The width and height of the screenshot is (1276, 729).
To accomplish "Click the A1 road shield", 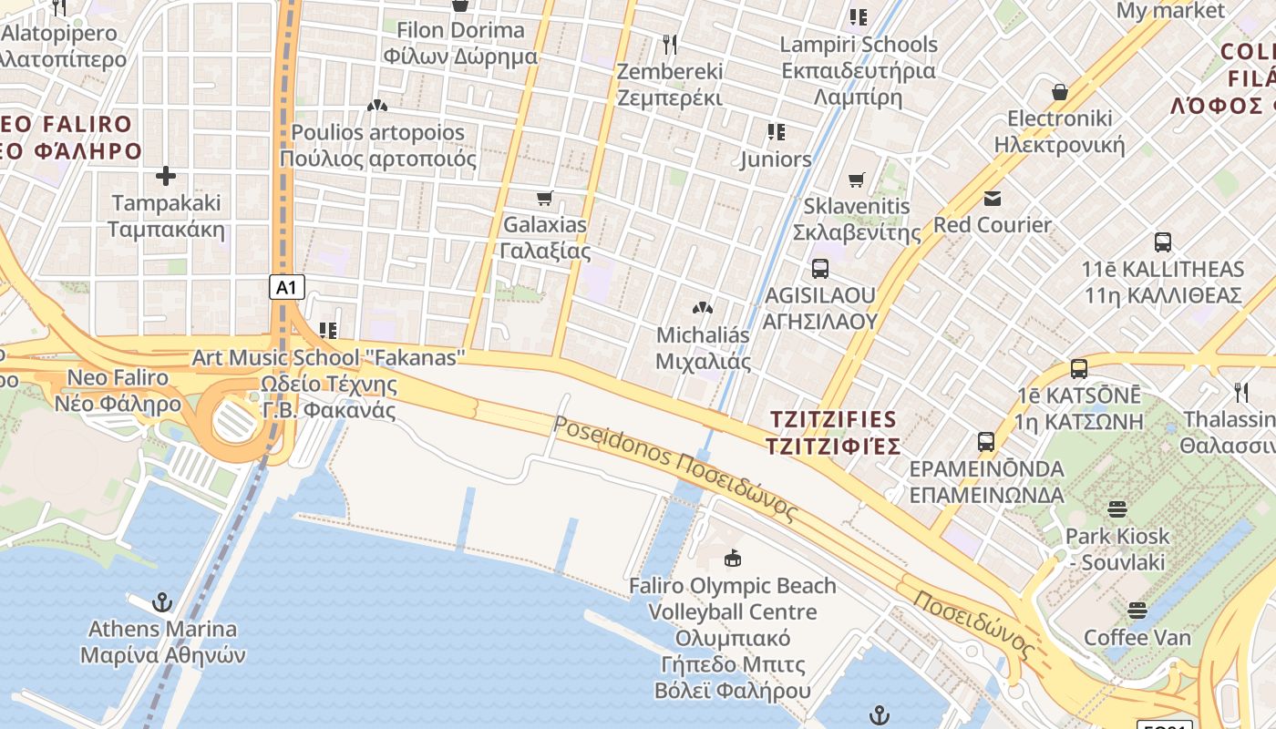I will (x=286, y=287).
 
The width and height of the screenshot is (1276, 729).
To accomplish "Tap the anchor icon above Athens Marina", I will (x=161, y=602).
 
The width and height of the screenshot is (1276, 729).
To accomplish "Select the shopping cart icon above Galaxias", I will (x=545, y=198).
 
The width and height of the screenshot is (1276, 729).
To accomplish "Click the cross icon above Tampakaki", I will (x=166, y=176).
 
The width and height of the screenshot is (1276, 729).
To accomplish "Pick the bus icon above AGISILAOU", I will (x=819, y=269).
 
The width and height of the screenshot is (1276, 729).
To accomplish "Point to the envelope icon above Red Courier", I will (x=993, y=198).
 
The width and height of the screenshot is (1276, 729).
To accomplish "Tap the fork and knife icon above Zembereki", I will (x=670, y=44).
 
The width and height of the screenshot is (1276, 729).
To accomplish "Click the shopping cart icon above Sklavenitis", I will (x=856, y=180).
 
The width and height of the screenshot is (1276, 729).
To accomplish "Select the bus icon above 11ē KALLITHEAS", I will (x=1163, y=242).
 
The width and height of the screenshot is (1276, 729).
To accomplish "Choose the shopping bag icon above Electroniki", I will (x=1060, y=92).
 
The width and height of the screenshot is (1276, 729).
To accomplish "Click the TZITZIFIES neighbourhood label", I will (x=834, y=433).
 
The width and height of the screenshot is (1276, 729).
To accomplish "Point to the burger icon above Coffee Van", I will (x=1137, y=610).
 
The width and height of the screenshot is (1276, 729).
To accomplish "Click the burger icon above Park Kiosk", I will (x=1117, y=509).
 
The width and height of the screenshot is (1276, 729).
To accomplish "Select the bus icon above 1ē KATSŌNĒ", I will (x=1079, y=369).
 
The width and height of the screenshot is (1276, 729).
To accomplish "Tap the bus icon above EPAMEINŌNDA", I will (x=986, y=442).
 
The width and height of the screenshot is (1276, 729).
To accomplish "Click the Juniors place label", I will (x=776, y=159).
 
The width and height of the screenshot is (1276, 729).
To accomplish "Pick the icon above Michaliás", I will (x=703, y=308).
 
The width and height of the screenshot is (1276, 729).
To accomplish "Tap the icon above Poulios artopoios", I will (x=377, y=106).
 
